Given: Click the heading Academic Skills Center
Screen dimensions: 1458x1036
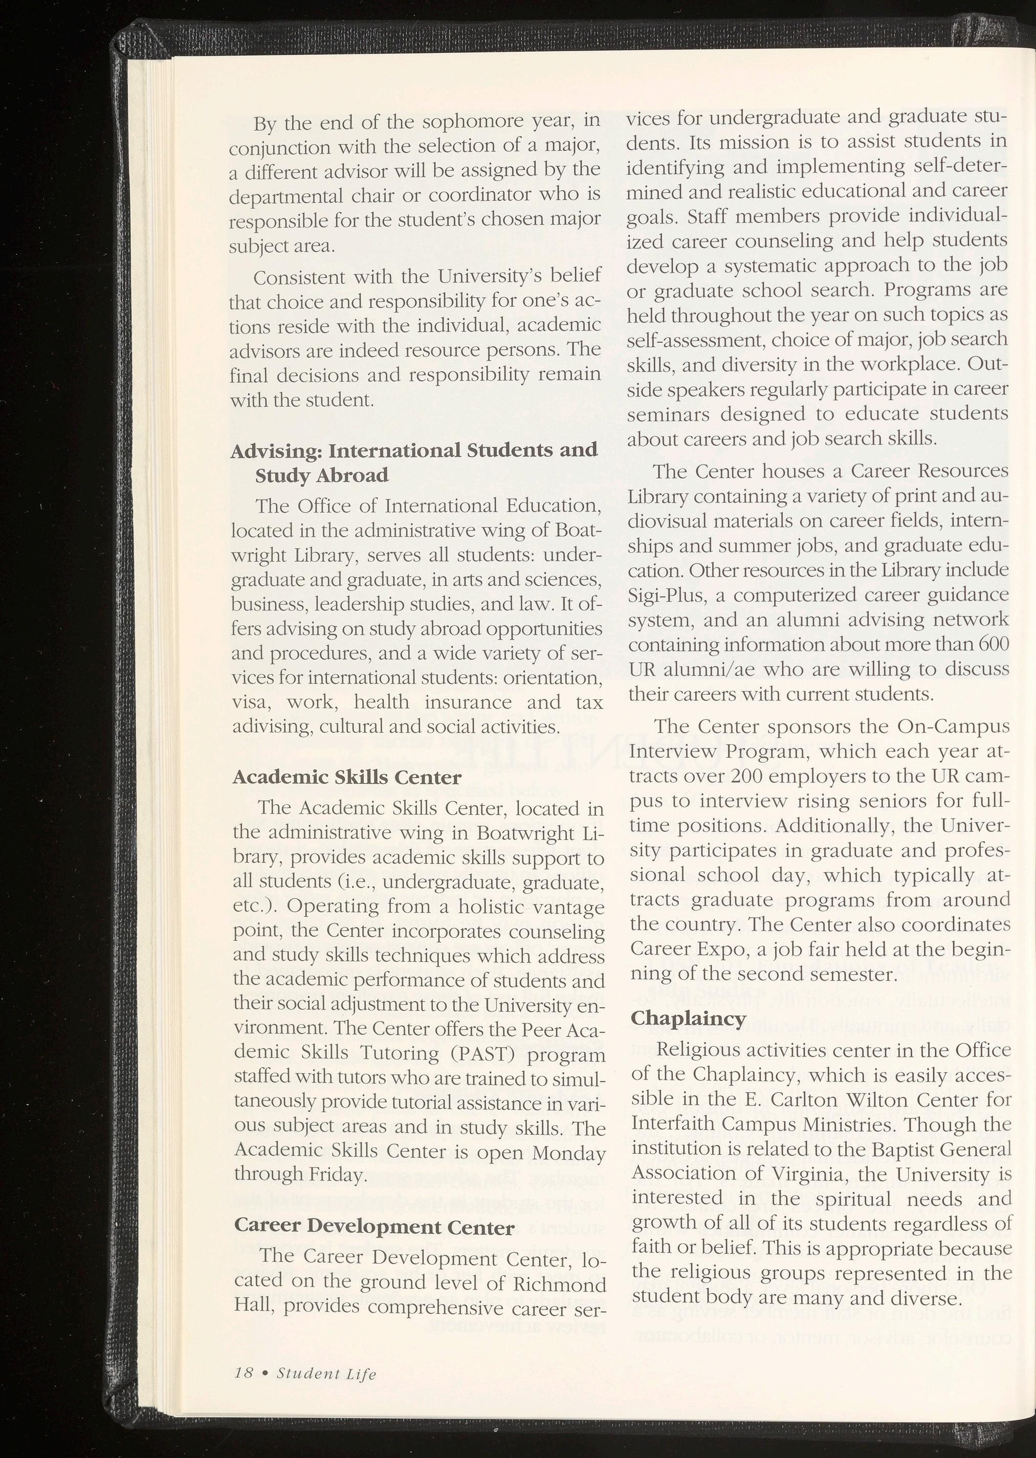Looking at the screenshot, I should (x=346, y=778).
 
